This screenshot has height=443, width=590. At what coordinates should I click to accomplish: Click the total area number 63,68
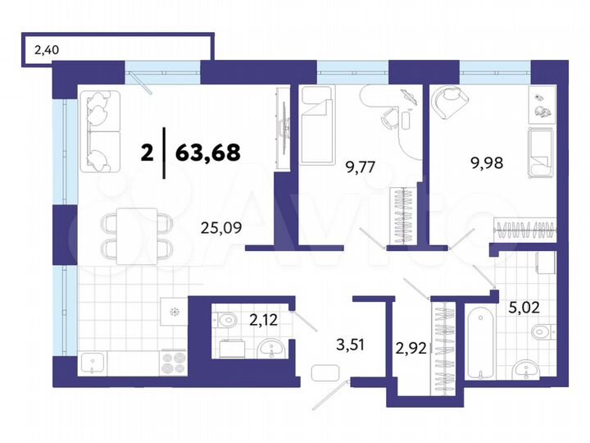pyautogui.click(x=206, y=153)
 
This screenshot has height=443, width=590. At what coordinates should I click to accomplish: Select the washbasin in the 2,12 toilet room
pyautogui.click(x=272, y=351)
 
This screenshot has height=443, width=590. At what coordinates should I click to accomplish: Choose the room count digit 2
pyautogui.click(x=147, y=153)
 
